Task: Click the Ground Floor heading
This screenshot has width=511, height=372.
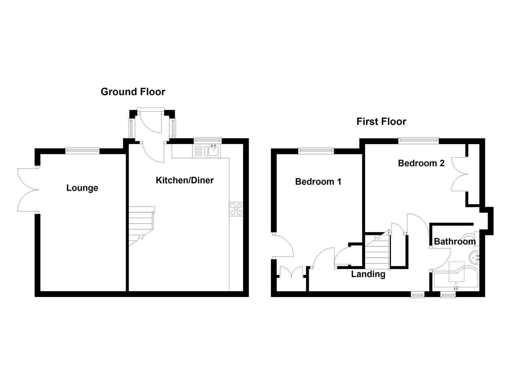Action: click(x=133, y=92)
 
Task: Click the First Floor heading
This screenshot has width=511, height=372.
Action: click(x=381, y=122)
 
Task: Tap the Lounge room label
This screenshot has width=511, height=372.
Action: click(x=82, y=188)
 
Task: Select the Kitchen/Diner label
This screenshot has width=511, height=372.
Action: click(x=185, y=180)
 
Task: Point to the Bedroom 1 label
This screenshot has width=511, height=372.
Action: click(x=318, y=182)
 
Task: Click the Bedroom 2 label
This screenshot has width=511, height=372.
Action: click(x=421, y=163)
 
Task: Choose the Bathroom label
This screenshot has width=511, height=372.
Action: click(x=455, y=241)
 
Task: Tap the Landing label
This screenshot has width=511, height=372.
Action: click(x=368, y=274)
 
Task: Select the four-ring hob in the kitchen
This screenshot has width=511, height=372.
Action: click(x=236, y=209)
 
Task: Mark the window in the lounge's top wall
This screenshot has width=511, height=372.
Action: click(x=83, y=150)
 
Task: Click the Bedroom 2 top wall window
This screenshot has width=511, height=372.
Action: click(x=418, y=140)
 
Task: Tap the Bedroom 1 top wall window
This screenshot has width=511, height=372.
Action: click(x=316, y=150)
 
